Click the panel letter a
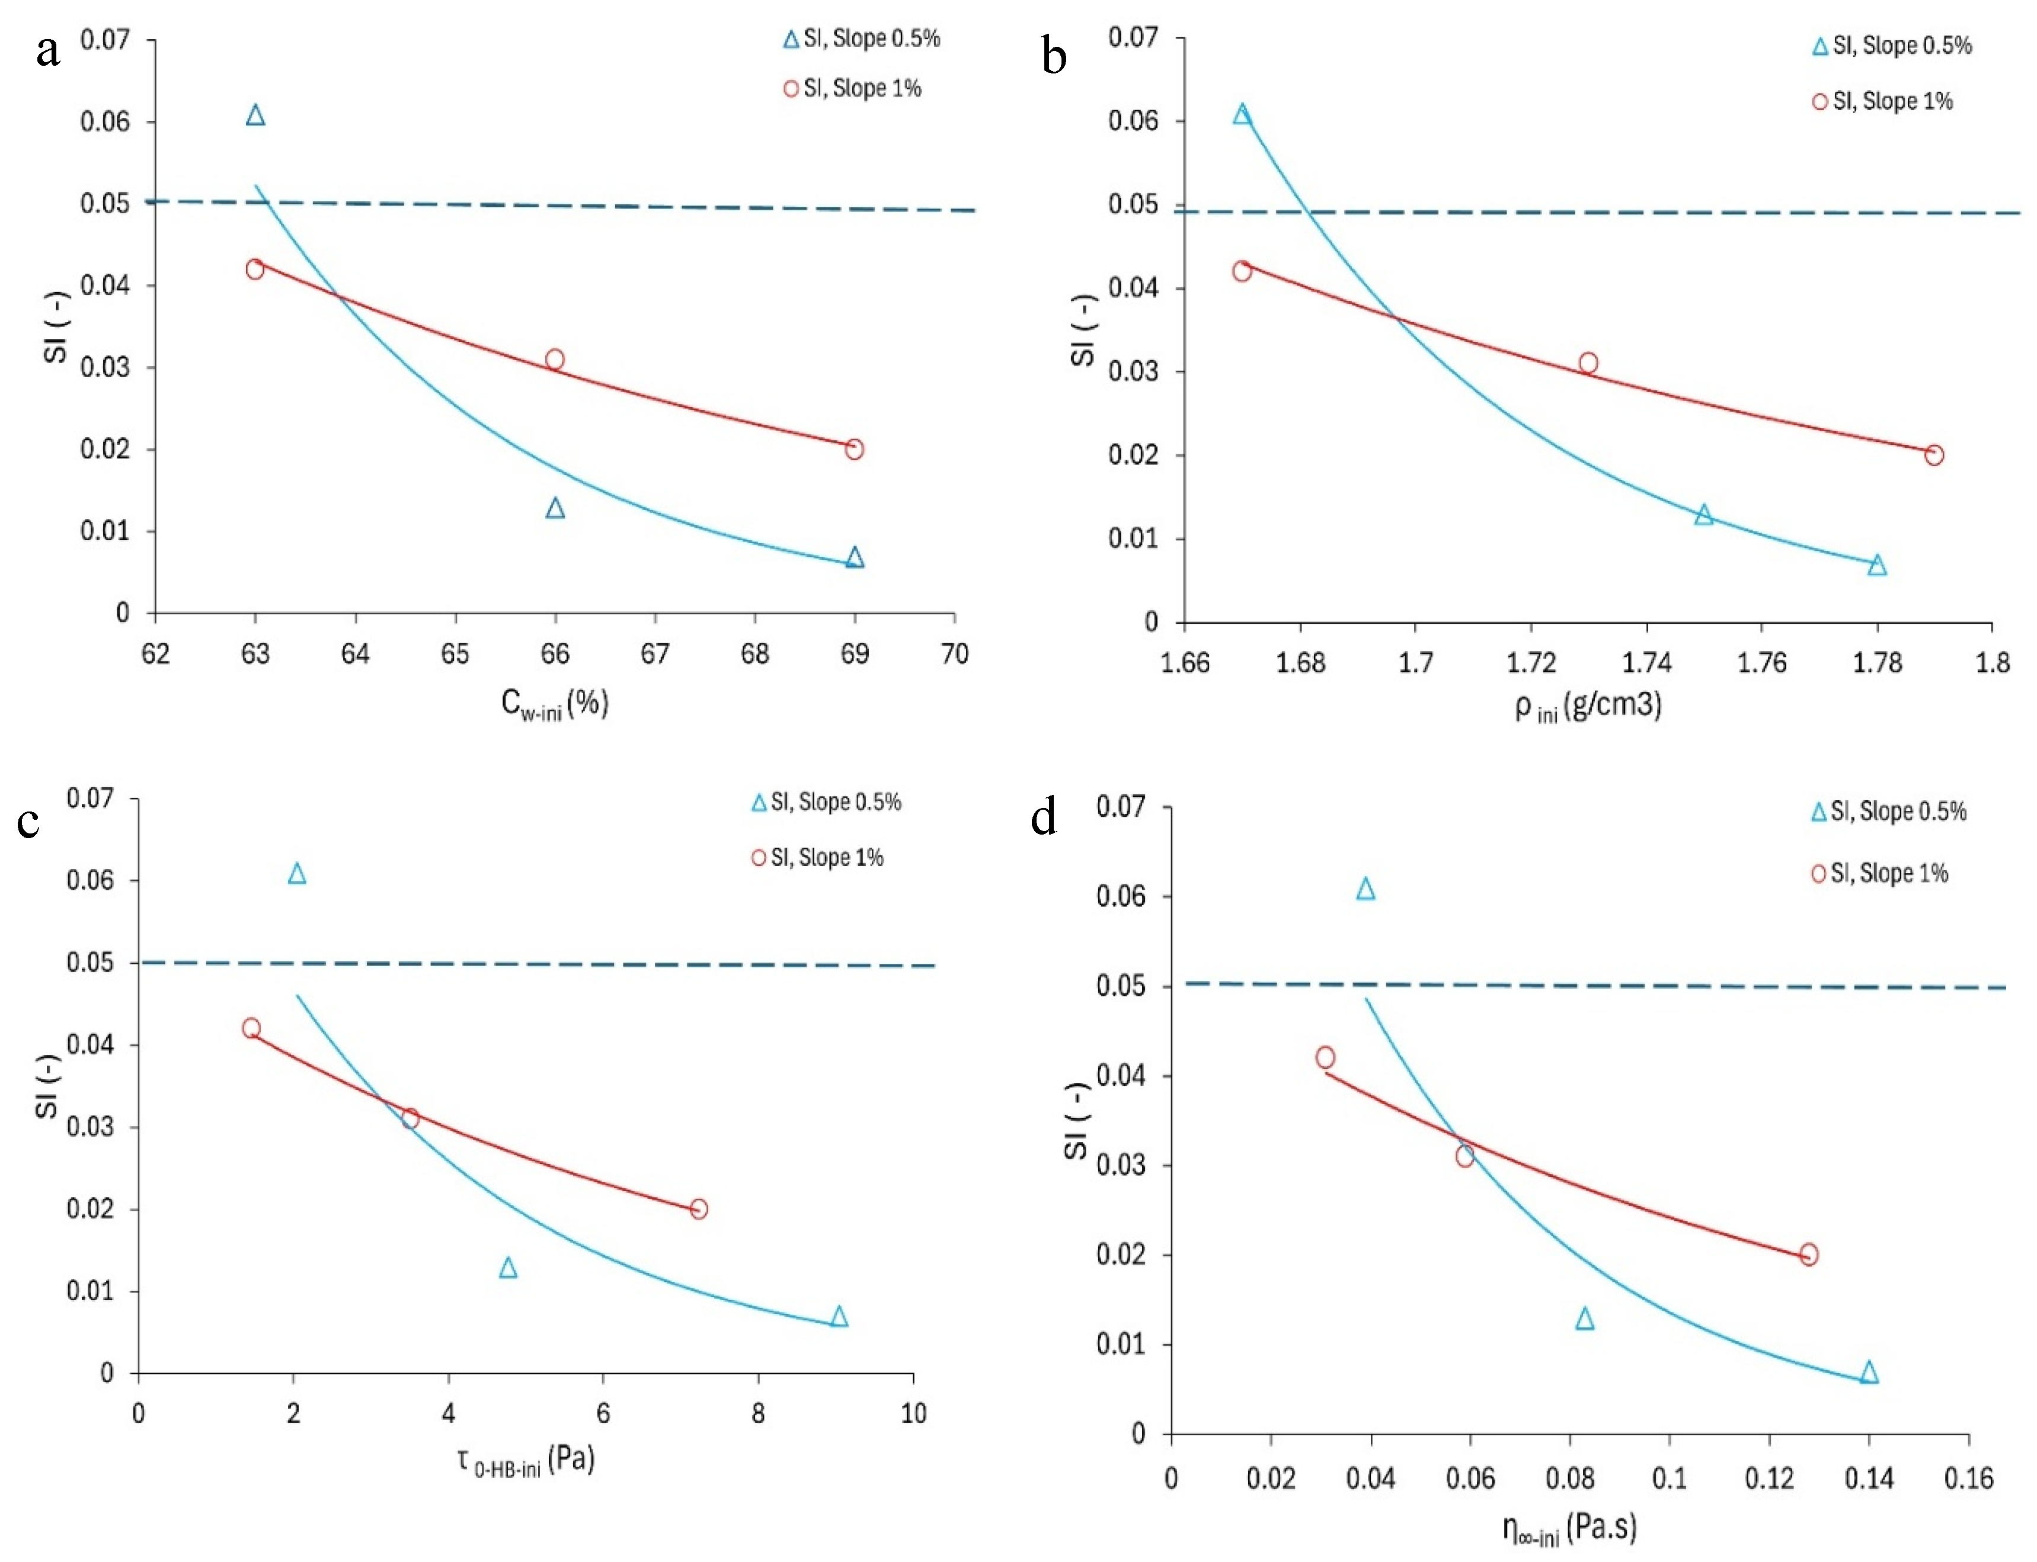(x=49, y=51)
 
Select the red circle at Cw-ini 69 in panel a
(x=855, y=449)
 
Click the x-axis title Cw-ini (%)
(x=554, y=703)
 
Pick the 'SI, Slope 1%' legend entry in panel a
(x=852, y=88)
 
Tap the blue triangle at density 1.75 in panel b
(x=1704, y=514)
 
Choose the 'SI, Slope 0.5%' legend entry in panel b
(x=1892, y=46)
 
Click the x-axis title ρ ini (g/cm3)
(x=1588, y=707)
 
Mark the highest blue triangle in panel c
(x=297, y=873)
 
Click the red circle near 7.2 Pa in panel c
(x=699, y=1209)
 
